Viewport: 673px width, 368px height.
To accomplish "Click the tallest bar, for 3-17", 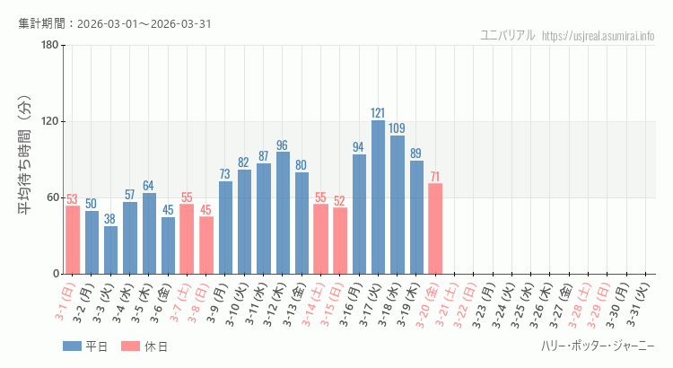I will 378,197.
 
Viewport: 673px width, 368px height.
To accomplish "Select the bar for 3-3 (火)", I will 110,250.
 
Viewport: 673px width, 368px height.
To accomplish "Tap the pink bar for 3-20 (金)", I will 435,229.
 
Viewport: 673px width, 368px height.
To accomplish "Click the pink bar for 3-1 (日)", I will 72,240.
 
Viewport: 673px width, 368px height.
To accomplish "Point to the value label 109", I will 397,128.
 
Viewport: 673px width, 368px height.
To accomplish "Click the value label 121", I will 378,113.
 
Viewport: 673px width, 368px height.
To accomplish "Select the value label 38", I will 110,219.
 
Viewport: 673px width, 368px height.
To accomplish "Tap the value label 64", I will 148,186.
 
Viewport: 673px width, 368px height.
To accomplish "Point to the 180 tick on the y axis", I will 49,46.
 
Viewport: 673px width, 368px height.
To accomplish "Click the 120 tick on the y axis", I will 49,122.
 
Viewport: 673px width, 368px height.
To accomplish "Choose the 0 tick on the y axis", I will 56,274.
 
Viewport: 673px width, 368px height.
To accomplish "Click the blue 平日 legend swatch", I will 73,346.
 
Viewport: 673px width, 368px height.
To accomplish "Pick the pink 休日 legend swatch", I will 130,346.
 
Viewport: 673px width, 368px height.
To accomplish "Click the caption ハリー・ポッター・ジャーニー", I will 598,346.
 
